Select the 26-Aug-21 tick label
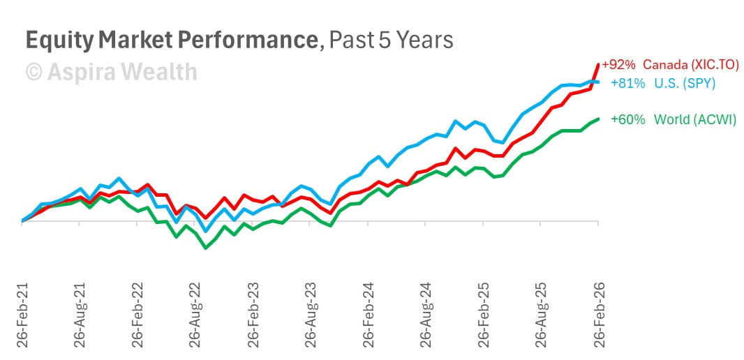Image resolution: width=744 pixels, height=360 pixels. point(80,316)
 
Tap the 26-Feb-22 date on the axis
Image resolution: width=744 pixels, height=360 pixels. point(137,316)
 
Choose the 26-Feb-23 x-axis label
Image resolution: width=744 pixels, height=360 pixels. point(253,316)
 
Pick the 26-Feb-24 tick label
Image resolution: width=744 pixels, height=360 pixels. point(368,316)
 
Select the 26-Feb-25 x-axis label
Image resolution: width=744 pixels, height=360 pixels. point(483,316)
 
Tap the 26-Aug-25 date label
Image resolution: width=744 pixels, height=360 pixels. point(541,316)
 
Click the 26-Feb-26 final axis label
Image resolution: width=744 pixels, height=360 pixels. point(598,316)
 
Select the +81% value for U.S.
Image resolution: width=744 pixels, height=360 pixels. point(623,83)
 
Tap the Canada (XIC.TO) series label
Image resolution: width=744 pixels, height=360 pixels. point(690,65)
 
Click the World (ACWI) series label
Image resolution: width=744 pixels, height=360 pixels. point(694,119)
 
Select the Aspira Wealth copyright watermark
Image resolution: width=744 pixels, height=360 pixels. point(111,71)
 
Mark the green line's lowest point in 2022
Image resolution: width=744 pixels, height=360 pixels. point(205,248)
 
